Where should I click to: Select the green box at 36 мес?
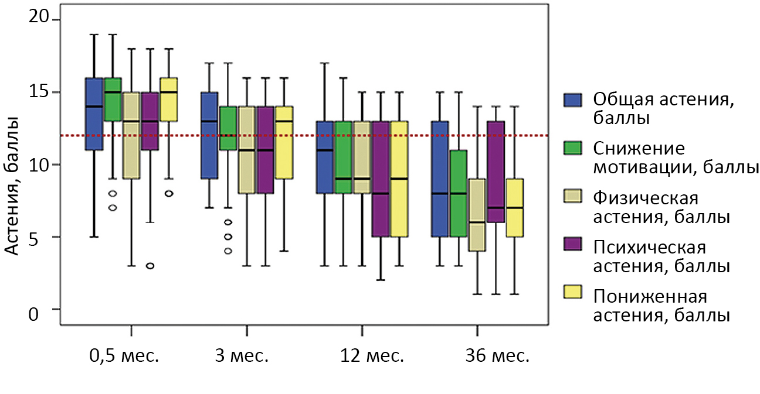pyautogui.click(x=458, y=193)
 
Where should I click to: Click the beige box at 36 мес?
pyautogui.click(x=477, y=215)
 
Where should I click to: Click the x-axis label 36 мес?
pyautogui.click(x=477, y=356)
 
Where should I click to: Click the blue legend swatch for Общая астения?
pyautogui.click(x=573, y=99)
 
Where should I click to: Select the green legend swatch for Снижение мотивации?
pyautogui.click(x=573, y=148)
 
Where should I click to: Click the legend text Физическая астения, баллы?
pyautogui.click(x=661, y=207)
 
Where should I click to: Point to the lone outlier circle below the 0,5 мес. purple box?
pyautogui.click(x=150, y=266)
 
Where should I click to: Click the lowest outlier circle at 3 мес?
pyautogui.click(x=228, y=251)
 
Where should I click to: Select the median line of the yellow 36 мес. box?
pyautogui.click(x=515, y=208)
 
